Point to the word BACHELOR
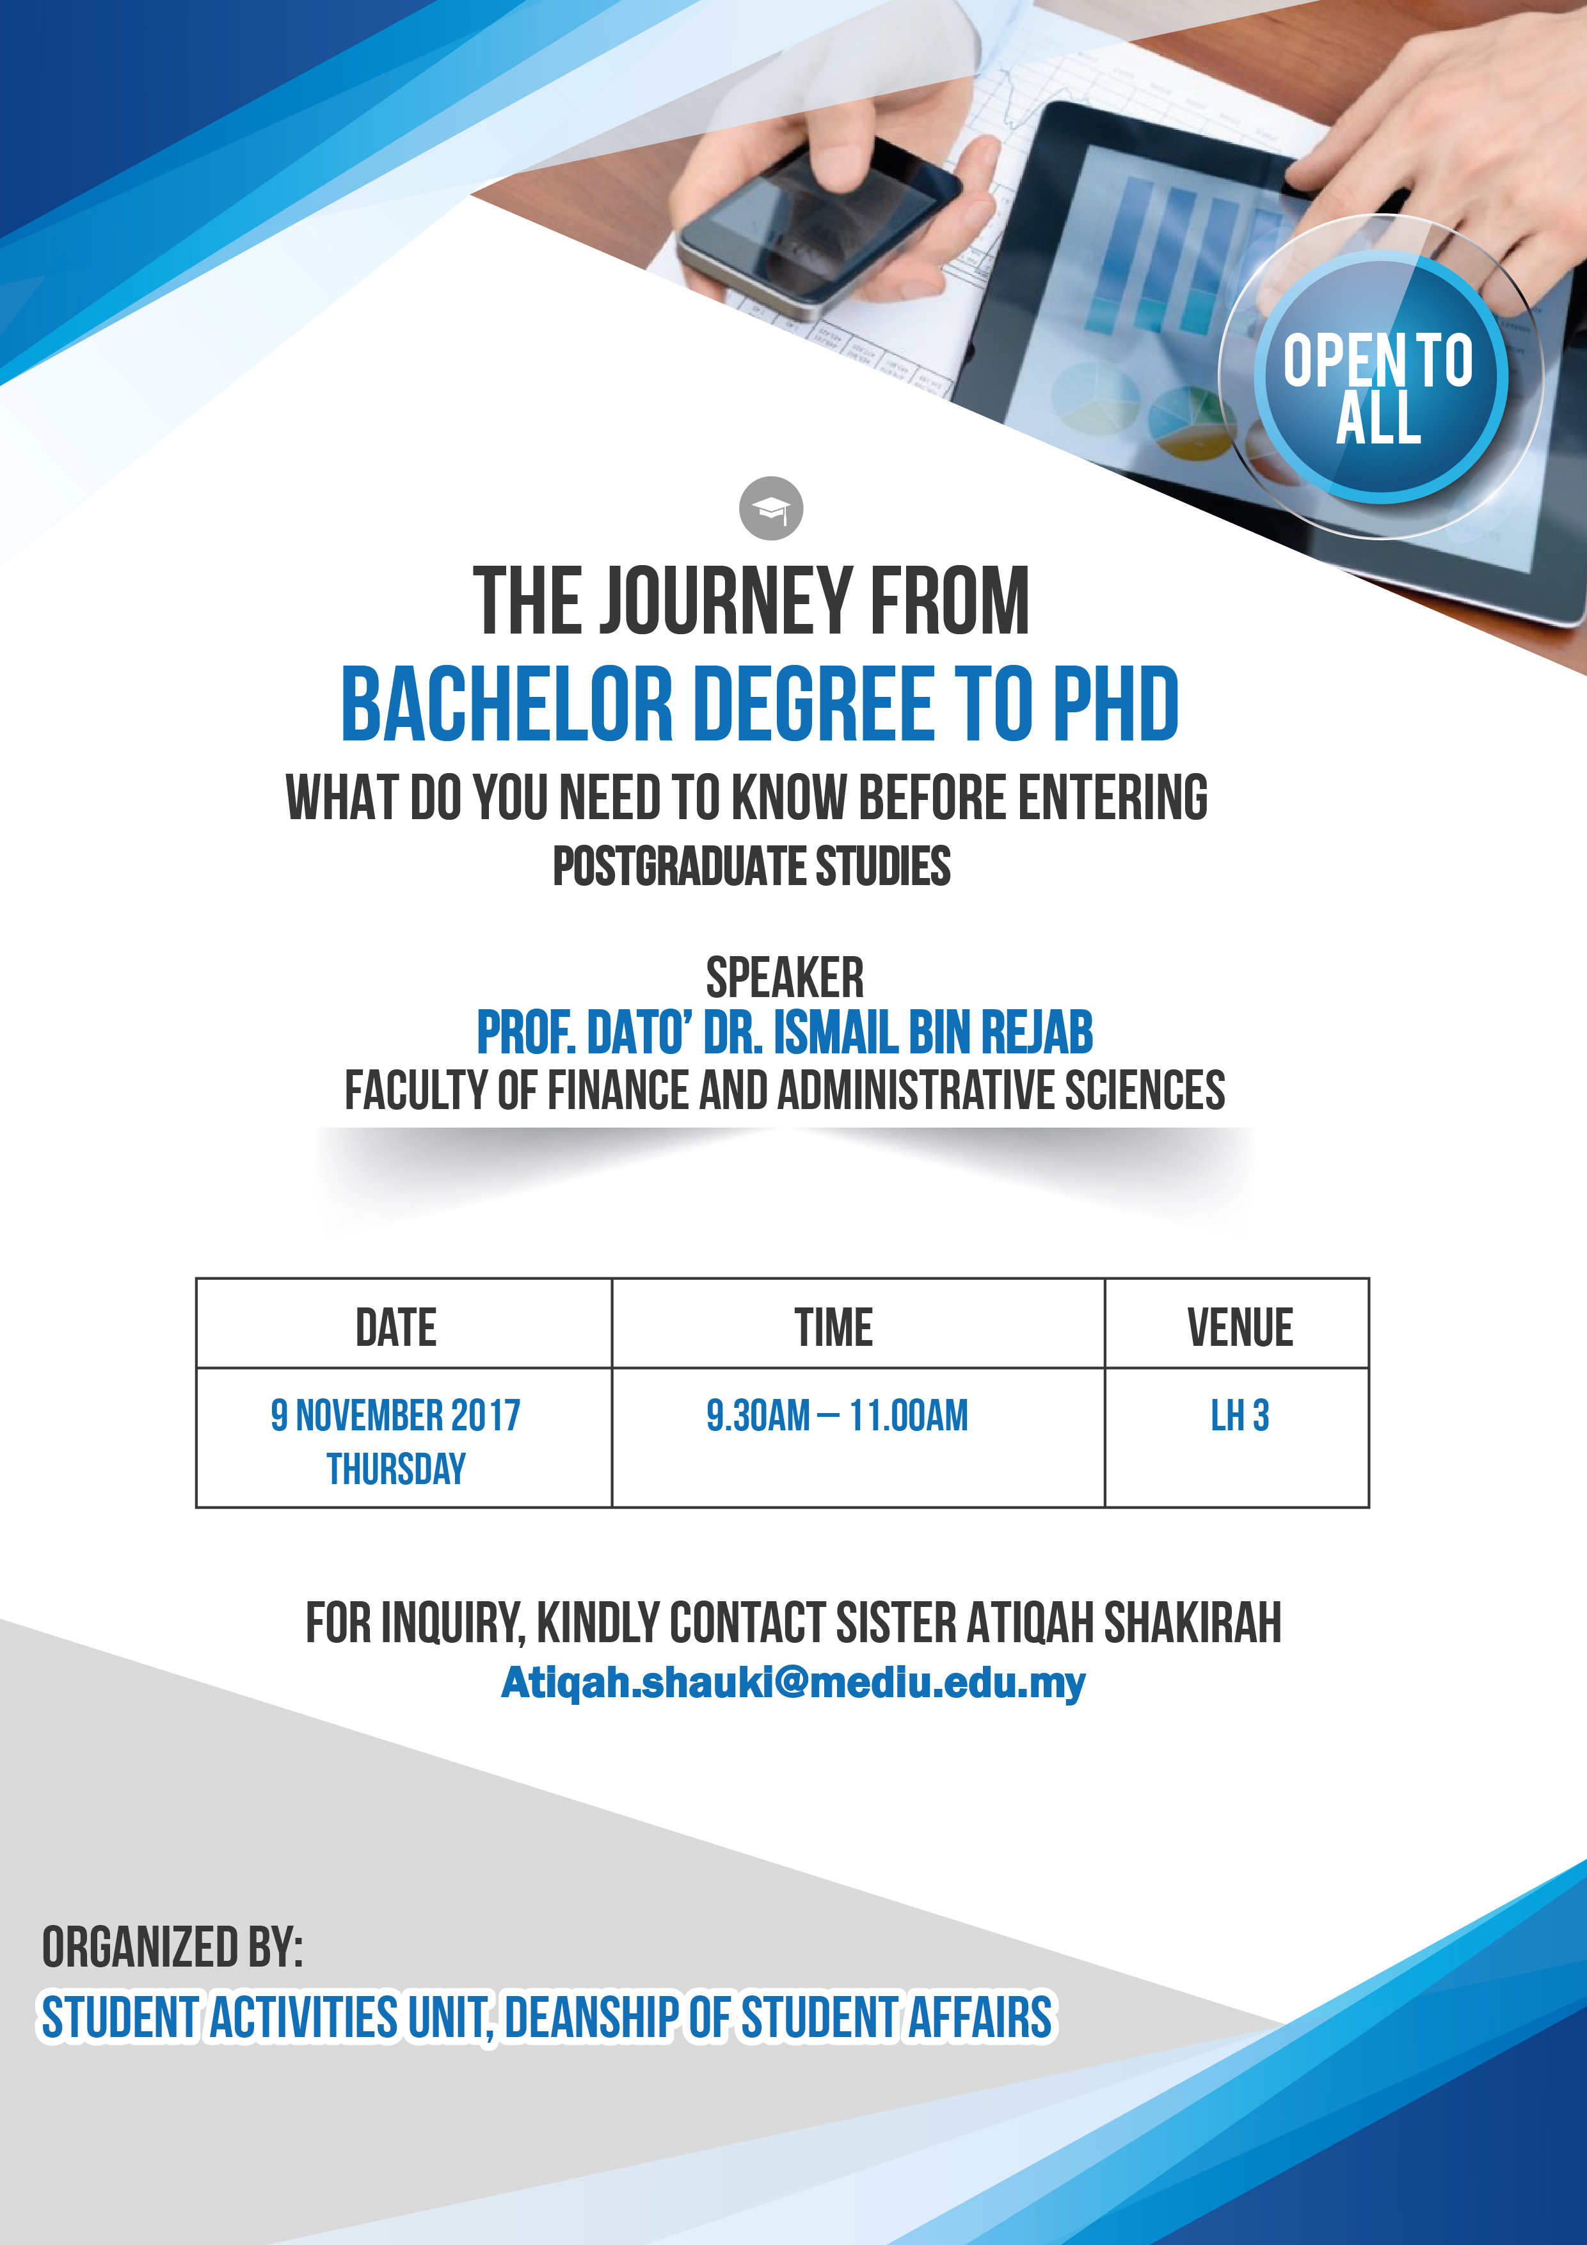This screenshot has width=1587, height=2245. click(507, 703)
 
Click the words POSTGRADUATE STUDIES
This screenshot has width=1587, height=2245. click(751, 867)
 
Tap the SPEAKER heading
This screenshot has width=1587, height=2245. click(784, 977)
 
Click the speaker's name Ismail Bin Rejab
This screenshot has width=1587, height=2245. click(933, 1032)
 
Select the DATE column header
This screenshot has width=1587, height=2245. click(396, 1327)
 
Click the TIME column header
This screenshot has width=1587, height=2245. click(833, 1327)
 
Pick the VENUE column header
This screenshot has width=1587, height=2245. click(1240, 1327)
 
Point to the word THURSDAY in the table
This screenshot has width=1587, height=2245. click(396, 1469)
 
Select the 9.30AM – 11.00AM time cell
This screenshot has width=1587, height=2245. click(837, 1415)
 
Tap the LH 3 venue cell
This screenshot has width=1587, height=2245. click(1240, 1415)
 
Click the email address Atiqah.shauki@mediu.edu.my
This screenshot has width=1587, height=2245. click(793, 1682)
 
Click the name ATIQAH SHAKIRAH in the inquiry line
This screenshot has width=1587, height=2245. click(1124, 1623)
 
